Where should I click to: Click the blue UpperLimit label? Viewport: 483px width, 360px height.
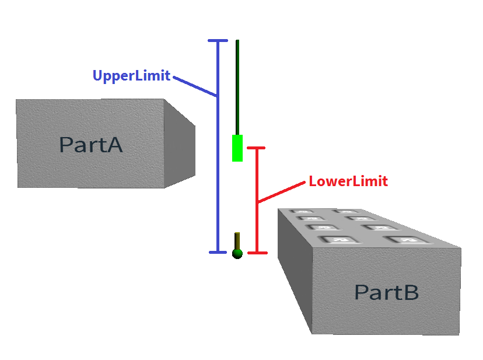click(x=131, y=76)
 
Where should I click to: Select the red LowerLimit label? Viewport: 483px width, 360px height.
click(x=348, y=181)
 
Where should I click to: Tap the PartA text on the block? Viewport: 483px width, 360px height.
click(x=91, y=144)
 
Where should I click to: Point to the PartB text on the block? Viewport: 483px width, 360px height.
click(x=386, y=292)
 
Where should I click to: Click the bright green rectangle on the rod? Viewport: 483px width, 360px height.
click(x=237, y=148)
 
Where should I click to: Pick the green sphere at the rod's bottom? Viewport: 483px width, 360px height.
click(x=237, y=253)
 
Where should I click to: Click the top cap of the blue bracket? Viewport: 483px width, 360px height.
click(x=218, y=41)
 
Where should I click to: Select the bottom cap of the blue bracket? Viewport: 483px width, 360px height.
click(x=218, y=252)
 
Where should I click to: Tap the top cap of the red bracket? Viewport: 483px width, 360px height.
click(x=257, y=148)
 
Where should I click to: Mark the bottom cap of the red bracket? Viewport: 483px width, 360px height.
click(x=257, y=253)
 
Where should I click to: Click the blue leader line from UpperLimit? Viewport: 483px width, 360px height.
click(x=194, y=85)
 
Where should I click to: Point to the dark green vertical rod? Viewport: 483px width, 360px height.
click(x=237, y=88)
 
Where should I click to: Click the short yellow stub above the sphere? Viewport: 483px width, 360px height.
click(x=237, y=240)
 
